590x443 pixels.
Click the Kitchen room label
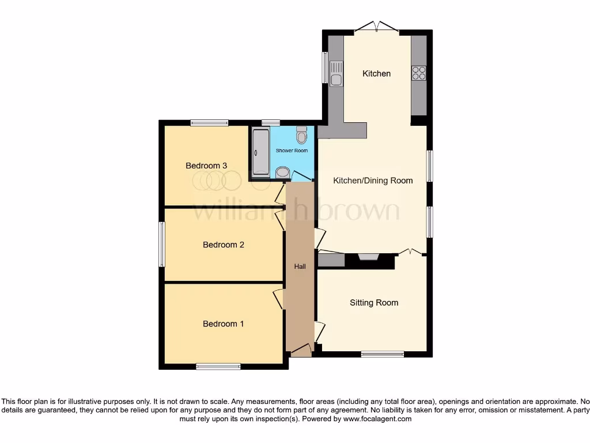click(376, 73)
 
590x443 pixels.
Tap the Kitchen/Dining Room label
click(373, 181)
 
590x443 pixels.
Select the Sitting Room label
click(374, 302)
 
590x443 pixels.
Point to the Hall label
click(300, 266)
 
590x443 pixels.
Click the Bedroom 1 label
click(223, 324)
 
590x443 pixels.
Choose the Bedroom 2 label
click(223, 245)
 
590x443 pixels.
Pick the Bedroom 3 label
click(206, 166)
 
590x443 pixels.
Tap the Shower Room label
click(292, 151)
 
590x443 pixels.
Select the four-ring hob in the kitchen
click(419, 73)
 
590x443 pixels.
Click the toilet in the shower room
click(301, 136)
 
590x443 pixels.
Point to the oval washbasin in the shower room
click(282, 172)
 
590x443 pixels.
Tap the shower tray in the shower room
click(260, 152)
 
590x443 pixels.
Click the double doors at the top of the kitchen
click(377, 27)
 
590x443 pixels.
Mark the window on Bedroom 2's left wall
click(162, 244)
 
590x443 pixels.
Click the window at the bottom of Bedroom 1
click(218, 366)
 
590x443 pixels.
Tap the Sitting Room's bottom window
click(383, 354)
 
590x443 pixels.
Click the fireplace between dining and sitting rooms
click(368, 257)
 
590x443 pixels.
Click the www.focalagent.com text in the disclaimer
click(378, 419)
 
